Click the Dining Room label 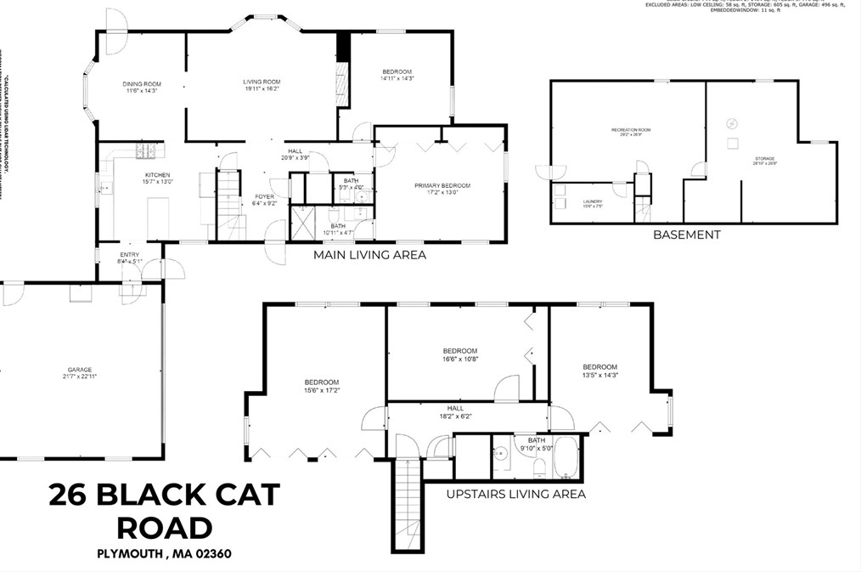pos(142,84)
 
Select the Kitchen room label pos(157,175)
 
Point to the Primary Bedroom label pos(442,185)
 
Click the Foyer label pos(264,196)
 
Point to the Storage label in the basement pos(764,158)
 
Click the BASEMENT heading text pos(686,235)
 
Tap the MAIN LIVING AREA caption pos(369,254)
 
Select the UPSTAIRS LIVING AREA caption pos(516,494)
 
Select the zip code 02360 pos(208,554)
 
